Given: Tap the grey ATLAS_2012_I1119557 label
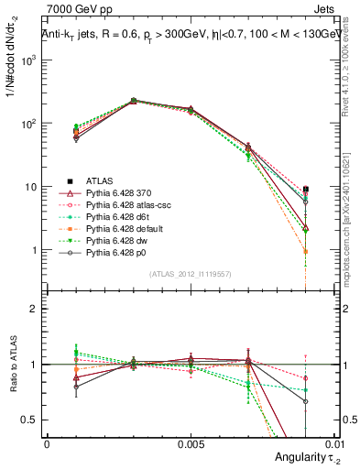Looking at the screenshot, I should pos(191,273).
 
